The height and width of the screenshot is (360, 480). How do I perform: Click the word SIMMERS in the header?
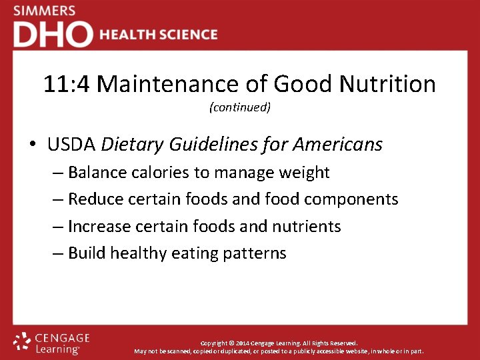[44, 11]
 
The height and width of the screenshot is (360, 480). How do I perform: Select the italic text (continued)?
[240, 107]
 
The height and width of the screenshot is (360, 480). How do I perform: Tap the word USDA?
[71, 144]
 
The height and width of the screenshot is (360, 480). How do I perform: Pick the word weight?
[303, 173]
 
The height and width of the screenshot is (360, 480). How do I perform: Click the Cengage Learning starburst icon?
[23, 341]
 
